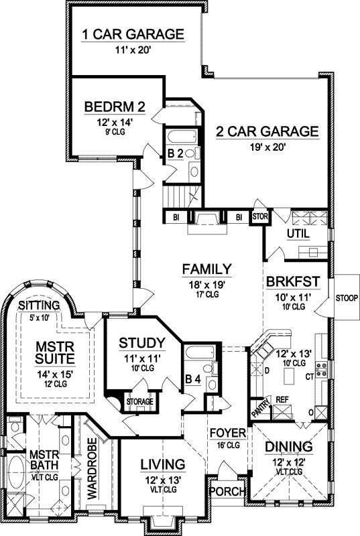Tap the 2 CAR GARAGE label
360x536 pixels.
266,132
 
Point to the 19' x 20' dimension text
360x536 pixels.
265,147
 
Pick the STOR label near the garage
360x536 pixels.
259,216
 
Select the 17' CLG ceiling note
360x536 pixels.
206,293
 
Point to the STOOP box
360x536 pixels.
345,297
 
